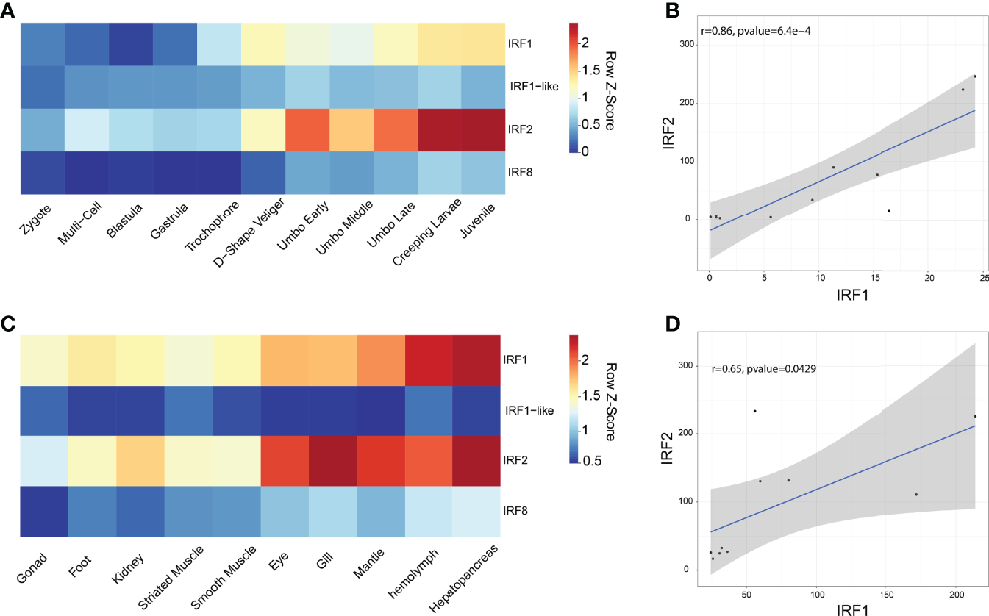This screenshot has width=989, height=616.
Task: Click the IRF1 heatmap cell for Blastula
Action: pos(130,44)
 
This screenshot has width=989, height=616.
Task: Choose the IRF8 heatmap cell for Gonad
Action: pos(44,509)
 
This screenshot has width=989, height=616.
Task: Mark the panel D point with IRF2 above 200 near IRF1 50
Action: pos(754,411)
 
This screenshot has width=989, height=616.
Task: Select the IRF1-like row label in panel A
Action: pos(534,86)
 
